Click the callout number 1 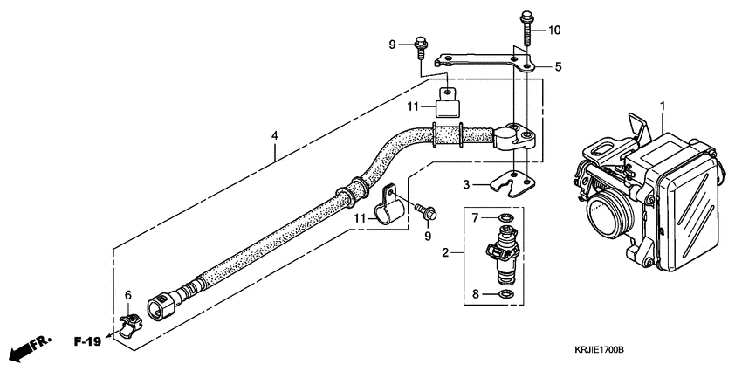coord(663,106)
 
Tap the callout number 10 coord(554,31)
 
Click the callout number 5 coord(559,65)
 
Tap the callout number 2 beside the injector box coord(446,254)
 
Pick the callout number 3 coord(466,184)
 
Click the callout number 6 coord(127,296)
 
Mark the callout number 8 coord(476,294)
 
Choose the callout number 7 coord(476,216)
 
